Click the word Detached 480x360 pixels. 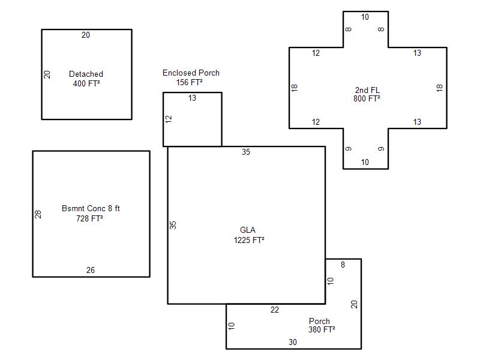coord(86,74)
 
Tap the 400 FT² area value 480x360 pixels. coord(86,83)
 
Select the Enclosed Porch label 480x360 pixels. coord(191,73)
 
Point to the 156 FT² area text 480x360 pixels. coord(189,82)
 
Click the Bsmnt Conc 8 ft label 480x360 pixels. coord(91,208)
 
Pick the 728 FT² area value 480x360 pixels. coord(89,218)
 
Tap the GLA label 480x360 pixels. coord(248,230)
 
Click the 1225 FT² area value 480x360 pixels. coord(249,241)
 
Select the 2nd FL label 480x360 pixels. coord(367,91)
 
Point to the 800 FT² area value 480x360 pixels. coord(367,98)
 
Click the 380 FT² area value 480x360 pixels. coord(322,329)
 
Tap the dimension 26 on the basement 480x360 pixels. coord(91,271)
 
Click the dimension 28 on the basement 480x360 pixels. coord(38,214)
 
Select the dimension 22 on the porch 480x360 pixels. coord(275,310)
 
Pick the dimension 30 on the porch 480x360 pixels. coord(293,342)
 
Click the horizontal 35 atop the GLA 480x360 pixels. coord(246,152)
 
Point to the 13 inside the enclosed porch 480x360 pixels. coord(192,98)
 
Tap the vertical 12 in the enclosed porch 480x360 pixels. coord(169,119)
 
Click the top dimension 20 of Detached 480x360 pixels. coord(86,35)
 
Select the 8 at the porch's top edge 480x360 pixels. coord(343,265)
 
